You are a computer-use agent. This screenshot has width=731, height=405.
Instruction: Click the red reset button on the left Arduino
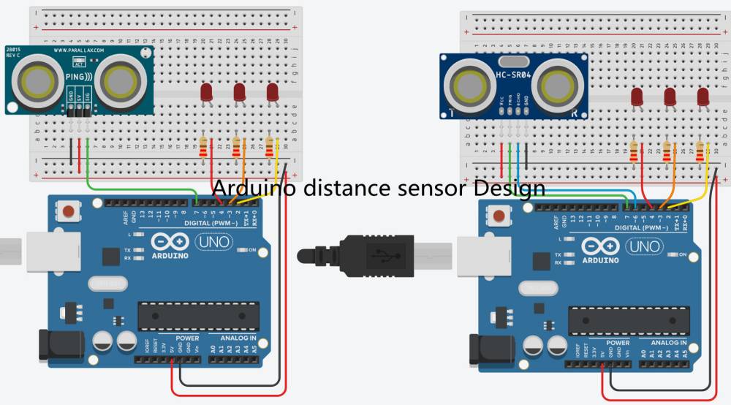click(69, 212)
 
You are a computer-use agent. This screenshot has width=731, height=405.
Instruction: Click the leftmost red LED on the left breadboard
click(206, 92)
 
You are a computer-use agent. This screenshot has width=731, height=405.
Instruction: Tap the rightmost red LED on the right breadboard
click(703, 96)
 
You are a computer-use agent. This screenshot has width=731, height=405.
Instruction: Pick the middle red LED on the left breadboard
click(239, 92)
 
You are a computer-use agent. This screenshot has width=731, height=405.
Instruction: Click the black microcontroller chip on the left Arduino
click(198, 315)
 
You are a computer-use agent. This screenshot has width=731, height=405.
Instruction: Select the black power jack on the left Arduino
click(54, 345)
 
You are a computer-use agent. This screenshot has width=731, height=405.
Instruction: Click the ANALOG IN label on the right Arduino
click(663, 343)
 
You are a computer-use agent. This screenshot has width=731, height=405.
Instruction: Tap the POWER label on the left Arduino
click(187, 338)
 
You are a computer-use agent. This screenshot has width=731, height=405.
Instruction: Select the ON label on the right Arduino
click(683, 255)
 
